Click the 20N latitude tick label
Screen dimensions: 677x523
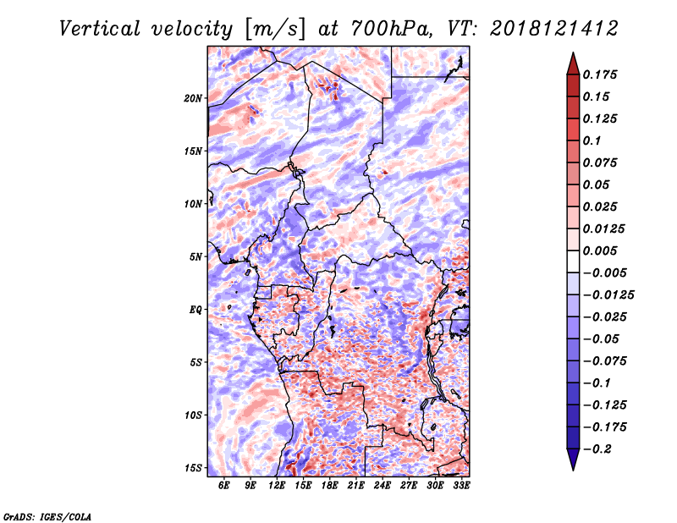(193, 98)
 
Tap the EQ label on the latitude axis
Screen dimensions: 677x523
(195, 310)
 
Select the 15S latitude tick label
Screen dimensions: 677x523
(193, 468)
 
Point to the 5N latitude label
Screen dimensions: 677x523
(195, 257)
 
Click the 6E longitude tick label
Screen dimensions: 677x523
(223, 485)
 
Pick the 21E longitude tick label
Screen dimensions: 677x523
(355, 485)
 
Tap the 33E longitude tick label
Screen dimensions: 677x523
(461, 485)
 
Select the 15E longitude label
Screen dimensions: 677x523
(303, 485)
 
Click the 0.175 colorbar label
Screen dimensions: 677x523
(600, 74)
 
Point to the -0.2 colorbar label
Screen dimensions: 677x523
(597, 449)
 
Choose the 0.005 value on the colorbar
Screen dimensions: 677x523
(600, 250)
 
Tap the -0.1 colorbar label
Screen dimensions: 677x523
(597, 383)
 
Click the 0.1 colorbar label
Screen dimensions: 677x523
(592, 140)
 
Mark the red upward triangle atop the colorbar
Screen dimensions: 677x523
(573, 63)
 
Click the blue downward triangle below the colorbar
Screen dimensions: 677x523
(573, 460)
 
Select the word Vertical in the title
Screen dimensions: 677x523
(100, 29)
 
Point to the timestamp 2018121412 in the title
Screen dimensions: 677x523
(554, 29)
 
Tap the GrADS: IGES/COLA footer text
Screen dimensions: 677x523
(47, 517)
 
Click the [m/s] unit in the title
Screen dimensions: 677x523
(276, 30)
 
